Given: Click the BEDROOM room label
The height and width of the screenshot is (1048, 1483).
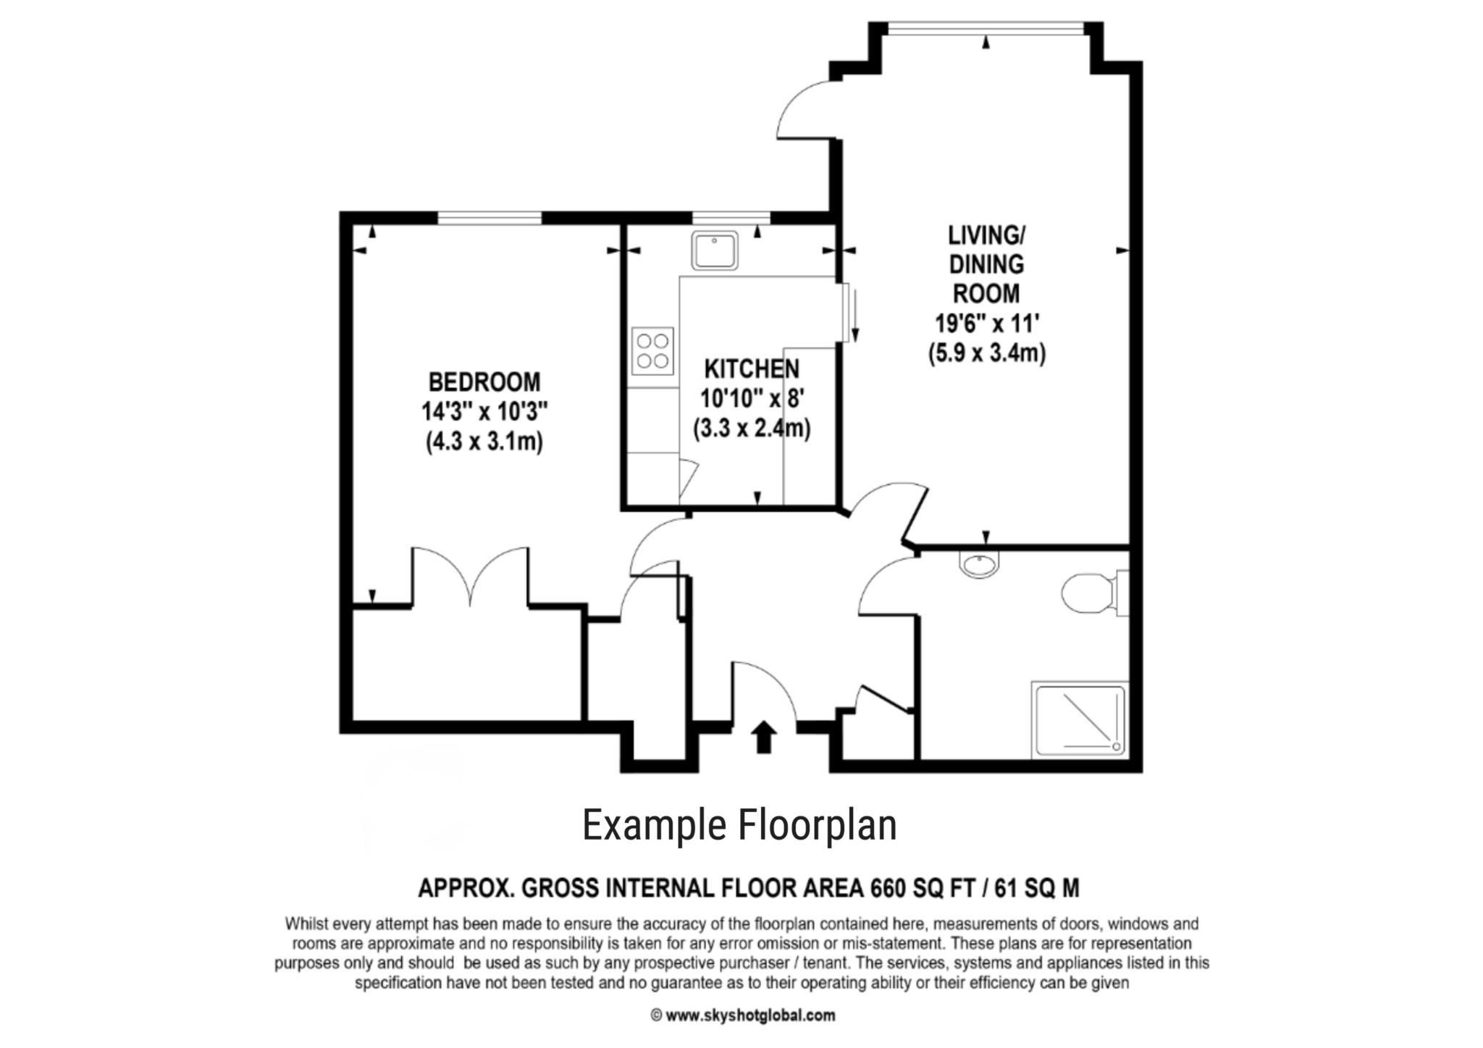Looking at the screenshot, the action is click(484, 381).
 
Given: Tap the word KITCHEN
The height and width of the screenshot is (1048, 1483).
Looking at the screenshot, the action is click(752, 369).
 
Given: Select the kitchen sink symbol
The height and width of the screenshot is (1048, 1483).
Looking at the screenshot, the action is click(714, 250).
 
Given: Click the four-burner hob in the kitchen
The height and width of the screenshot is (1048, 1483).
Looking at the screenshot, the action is click(652, 351).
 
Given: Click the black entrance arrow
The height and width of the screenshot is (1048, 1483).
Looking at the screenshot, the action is click(763, 738).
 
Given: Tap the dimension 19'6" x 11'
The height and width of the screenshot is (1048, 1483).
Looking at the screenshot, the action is click(987, 323).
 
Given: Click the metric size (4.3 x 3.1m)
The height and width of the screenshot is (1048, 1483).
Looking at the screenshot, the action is click(484, 441).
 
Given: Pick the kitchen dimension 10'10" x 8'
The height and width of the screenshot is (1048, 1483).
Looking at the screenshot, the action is click(752, 399).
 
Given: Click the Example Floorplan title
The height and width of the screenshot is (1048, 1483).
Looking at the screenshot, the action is click(739, 826).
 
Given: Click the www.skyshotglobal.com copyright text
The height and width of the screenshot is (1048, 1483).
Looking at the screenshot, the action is click(743, 1015).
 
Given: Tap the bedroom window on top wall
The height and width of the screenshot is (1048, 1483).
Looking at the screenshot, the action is click(490, 217).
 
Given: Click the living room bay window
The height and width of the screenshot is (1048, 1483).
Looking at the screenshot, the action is click(986, 28).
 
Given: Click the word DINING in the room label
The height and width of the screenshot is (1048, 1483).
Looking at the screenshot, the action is click(986, 264).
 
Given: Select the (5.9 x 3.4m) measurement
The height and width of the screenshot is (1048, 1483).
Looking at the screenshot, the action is click(987, 353).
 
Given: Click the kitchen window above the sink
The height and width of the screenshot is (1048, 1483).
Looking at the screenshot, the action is click(731, 217).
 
